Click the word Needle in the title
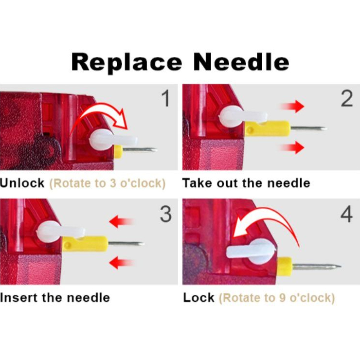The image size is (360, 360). pyautogui.click(x=241, y=61)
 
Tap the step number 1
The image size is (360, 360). pyautogui.click(x=165, y=98)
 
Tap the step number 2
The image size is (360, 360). pyautogui.click(x=347, y=98)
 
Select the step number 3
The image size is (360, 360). pyautogui.click(x=166, y=214)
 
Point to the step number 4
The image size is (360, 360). pyautogui.click(x=346, y=214)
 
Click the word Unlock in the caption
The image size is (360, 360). pyautogui.click(x=22, y=183)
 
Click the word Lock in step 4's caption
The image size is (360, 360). pyautogui.click(x=198, y=298)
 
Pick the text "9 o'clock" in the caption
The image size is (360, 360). pyautogui.click(x=306, y=298)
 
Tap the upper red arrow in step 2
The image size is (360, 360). pyautogui.click(x=292, y=107)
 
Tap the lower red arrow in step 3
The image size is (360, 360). pyautogui.click(x=121, y=262)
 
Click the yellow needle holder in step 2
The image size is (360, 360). pyautogui.click(x=268, y=129)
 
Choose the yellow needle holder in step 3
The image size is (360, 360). pyautogui.click(x=85, y=244)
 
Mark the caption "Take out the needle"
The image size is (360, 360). pyautogui.click(x=246, y=183)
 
